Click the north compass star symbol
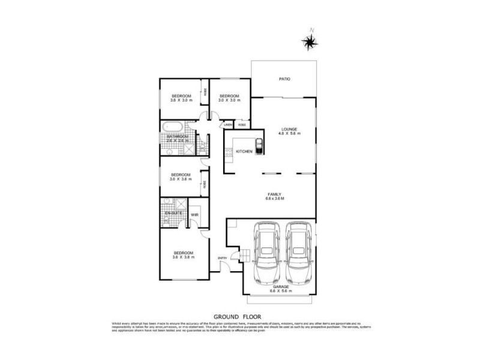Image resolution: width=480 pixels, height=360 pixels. click(310, 40)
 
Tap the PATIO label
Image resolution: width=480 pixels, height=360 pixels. click(284, 79)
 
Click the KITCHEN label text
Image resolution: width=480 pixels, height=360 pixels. click(243, 151)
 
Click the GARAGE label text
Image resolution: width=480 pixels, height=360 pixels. click(282, 287)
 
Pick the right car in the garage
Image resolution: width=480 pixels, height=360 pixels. click(298, 253)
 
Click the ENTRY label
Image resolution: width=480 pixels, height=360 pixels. click(223, 258)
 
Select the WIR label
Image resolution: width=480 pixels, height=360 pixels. click(194, 214)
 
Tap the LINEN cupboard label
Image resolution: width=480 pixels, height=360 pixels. click(228, 125)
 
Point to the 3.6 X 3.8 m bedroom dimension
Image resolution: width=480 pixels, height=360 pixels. click(183, 257)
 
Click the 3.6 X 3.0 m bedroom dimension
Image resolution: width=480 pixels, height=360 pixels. click(181, 100)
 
